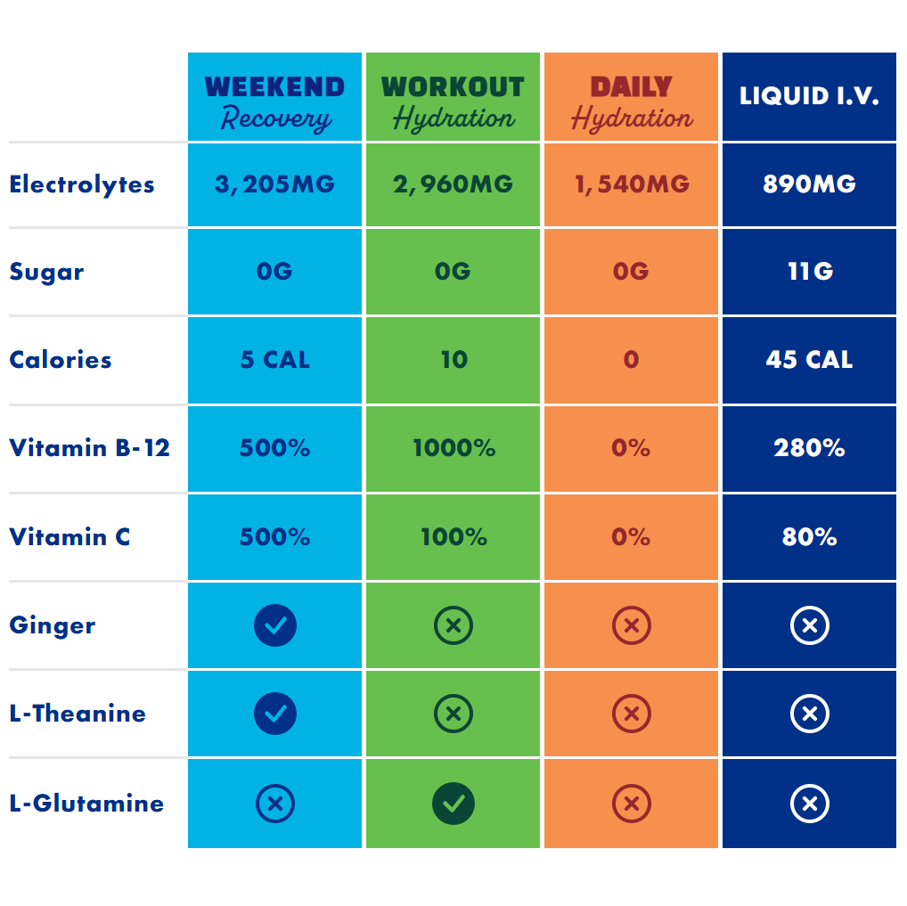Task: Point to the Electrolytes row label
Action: [82, 184]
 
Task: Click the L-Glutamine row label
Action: [86, 803]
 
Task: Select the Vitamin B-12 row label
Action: [89, 447]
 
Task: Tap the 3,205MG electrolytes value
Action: [274, 184]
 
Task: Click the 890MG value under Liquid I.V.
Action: [809, 184]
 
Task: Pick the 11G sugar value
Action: [809, 271]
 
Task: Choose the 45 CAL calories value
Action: [809, 360]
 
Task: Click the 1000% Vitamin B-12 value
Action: [453, 447]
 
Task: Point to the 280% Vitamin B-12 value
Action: [809, 447]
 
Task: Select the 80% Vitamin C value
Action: [809, 536]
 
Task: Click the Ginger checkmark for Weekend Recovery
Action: [274, 625]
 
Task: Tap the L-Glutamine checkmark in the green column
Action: [453, 804]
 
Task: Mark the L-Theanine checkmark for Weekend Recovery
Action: [274, 714]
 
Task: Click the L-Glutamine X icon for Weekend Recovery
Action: [274, 804]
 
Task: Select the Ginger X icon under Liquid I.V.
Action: [809, 625]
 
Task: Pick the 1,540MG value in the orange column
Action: [631, 184]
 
